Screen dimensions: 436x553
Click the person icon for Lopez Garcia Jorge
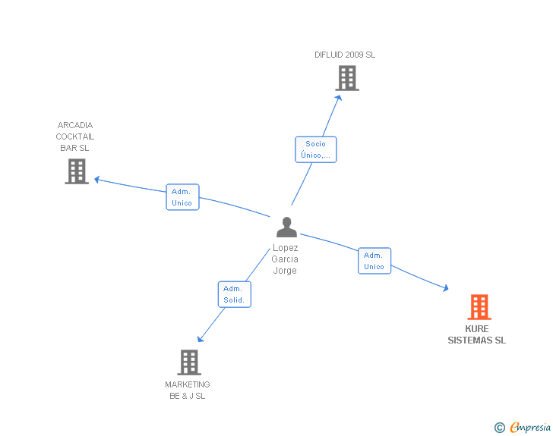pos(286,227)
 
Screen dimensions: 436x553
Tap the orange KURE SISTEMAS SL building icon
pos(479,307)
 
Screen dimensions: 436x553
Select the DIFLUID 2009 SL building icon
pos(346,78)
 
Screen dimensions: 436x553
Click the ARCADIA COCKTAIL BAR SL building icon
pos(77,171)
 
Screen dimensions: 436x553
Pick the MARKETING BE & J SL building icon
pos(189,362)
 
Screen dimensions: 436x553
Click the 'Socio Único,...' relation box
pos(315,149)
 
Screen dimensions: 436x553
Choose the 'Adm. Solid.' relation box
pos(234,294)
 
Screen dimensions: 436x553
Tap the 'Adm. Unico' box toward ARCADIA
pos(182,197)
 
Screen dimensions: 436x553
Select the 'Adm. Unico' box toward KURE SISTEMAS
pos(374,261)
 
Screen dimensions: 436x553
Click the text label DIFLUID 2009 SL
pos(345,55)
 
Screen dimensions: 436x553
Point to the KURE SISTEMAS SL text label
pos(476,335)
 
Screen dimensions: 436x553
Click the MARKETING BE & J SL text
pos(188,390)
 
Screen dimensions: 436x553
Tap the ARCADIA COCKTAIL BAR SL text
pos(75,136)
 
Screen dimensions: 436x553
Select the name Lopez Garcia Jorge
pos(285,259)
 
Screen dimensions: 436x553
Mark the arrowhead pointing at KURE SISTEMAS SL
pos(445,288)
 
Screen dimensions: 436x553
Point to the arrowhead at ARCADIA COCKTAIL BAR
pos(96,180)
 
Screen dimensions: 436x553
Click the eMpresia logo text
pos(530,427)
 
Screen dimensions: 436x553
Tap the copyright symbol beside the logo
pos(499,428)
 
